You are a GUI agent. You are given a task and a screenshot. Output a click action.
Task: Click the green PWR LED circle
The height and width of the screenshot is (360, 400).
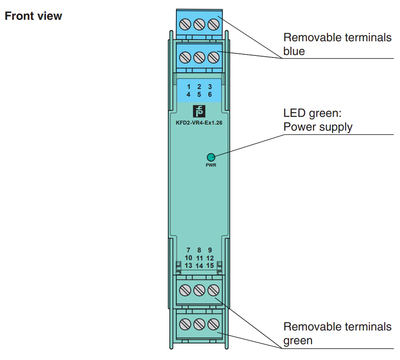click(211, 157)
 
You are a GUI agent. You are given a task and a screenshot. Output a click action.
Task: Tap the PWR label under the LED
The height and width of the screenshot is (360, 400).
click(211, 165)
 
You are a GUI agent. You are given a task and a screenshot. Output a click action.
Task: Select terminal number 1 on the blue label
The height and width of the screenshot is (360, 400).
click(188, 87)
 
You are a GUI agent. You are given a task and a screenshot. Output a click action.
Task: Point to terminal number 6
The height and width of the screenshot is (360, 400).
click(210, 95)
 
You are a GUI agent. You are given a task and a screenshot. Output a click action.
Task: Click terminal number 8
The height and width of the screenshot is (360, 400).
click(199, 250)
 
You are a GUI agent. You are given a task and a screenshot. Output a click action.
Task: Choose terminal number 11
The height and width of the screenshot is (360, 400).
click(199, 258)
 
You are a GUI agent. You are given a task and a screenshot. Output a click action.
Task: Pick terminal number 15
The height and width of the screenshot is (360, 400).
click(210, 266)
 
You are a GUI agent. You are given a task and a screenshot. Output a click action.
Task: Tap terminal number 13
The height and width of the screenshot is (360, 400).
click(188, 266)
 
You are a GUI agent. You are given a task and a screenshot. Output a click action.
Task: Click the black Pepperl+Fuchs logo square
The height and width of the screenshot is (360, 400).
click(199, 111)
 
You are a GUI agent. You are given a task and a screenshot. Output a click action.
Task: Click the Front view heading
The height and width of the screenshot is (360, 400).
click(33, 16)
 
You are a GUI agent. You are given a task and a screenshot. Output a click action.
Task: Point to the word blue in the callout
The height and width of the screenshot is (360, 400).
click(294, 52)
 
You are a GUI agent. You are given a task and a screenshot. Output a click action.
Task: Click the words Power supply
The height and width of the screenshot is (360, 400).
click(318, 127)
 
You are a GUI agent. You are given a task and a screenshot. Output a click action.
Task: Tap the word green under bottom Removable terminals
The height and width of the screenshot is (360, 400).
click(298, 341)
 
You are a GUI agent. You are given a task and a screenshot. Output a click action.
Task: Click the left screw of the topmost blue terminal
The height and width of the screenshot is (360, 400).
click(185, 25)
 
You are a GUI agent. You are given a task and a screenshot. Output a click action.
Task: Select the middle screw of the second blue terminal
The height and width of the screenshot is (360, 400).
click(199, 57)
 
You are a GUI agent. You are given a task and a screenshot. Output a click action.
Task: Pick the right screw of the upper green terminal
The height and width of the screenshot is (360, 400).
click(213, 290)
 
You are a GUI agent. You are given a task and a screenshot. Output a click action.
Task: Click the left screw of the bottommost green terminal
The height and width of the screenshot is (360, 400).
click(185, 324)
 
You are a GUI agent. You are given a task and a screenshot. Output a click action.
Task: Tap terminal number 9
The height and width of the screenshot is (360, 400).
click(210, 250)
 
